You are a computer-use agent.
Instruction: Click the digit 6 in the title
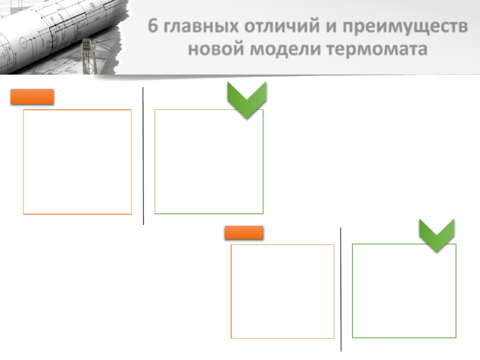point(153,25)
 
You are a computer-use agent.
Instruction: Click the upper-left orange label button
point(32,97)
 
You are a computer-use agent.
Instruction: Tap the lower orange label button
point(244,232)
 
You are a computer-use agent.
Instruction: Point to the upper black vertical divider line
point(143,156)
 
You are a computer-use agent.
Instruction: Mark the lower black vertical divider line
point(341,290)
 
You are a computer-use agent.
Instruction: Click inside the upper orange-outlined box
point(77,162)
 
